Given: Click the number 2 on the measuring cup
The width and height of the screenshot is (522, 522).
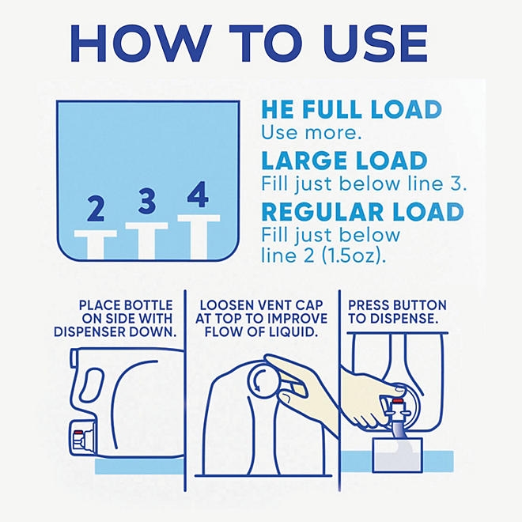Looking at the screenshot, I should (96, 210).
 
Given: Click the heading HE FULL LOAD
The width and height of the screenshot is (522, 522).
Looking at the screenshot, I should (351, 111).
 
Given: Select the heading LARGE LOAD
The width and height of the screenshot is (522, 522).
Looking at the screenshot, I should (344, 161).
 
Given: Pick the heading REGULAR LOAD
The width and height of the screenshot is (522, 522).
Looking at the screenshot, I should (362, 213).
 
